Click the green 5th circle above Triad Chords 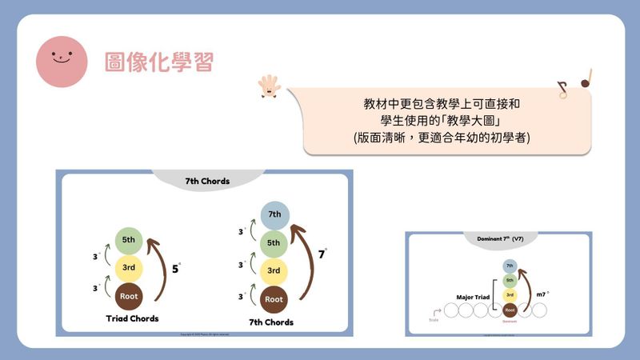(129, 240)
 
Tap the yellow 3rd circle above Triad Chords (129, 268)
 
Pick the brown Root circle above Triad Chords (129, 296)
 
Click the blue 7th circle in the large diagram (274, 214)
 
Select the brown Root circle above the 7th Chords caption (274, 299)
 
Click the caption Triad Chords (132, 318)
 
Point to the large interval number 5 (176, 269)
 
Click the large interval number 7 (321, 255)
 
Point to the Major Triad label (467, 296)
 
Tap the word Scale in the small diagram (434, 320)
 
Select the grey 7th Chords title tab (207, 181)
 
